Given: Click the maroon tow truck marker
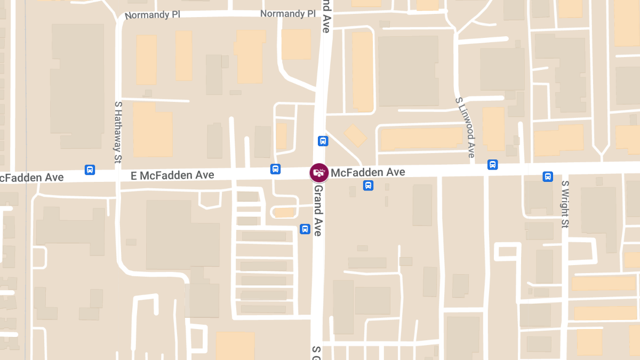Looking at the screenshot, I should [319, 172].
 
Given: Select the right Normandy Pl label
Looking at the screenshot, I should [288, 14].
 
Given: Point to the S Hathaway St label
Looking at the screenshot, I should [118, 132].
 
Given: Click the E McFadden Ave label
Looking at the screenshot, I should [173, 175].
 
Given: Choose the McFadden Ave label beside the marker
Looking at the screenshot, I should [367, 172].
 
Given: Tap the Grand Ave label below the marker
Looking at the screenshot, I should [318, 210].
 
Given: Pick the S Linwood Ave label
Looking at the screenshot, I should [465, 127].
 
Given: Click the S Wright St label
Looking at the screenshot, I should [565, 204].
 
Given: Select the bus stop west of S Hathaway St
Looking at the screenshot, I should [90, 170].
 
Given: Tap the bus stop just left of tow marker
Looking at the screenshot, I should [275, 169].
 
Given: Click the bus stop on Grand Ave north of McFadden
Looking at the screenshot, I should [323, 141].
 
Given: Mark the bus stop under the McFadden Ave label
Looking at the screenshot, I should [368, 186].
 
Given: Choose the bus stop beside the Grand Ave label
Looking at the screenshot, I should [305, 229].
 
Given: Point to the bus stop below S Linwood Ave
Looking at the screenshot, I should [493, 165].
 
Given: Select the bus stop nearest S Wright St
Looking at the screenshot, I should [548, 177].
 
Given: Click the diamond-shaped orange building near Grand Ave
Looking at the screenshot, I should [355, 135].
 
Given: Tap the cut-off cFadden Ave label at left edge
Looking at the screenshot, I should [32, 177].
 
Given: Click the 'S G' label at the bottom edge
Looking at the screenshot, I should [317, 352].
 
